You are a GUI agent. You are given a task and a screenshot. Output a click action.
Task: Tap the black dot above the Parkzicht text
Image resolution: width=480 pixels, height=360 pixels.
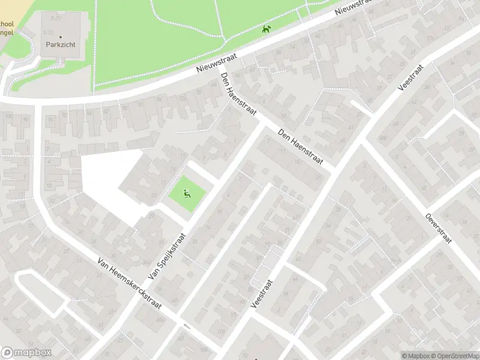[59, 37]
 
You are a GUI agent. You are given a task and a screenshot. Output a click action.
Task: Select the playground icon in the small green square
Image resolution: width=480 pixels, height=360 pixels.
[187, 193]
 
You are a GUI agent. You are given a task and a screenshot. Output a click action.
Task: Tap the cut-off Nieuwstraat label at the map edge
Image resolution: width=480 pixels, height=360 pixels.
[354, 7]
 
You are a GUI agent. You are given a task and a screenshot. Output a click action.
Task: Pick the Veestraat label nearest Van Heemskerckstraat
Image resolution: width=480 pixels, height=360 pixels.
[262, 293]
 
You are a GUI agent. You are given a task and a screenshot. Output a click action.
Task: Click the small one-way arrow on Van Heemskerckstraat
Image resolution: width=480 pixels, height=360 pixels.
[187, 326]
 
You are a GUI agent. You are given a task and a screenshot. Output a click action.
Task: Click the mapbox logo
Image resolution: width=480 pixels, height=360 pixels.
[26, 353]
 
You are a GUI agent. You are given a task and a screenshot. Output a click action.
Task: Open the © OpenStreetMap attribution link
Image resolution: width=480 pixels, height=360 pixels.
[453, 355]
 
